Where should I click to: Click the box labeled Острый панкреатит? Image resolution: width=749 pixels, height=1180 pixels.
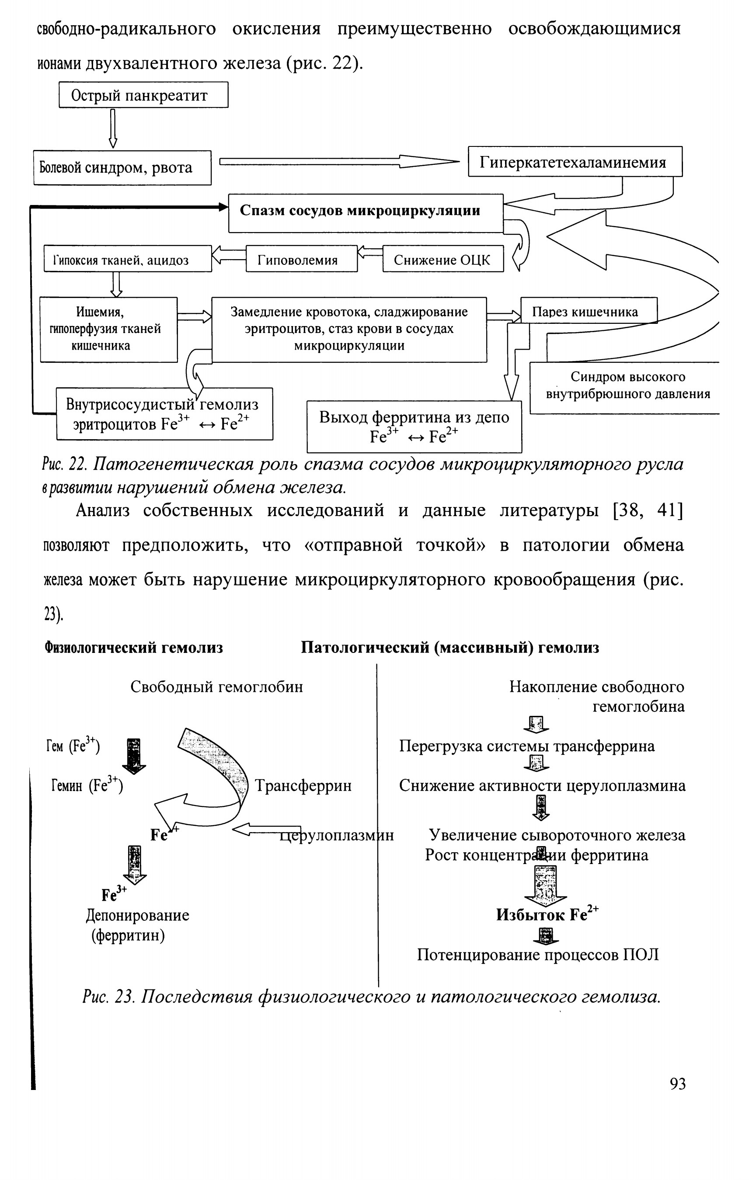point(143,94)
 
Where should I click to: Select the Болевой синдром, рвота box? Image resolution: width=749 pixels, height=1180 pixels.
point(122,167)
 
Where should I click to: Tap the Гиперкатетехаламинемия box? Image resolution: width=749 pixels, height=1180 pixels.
point(575,161)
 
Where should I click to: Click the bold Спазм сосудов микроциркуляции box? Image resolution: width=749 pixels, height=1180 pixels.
point(366,213)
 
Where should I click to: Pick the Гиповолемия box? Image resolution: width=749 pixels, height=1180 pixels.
point(301,259)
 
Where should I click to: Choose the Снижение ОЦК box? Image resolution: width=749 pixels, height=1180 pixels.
point(443,259)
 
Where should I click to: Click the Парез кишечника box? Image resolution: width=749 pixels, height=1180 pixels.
point(589,310)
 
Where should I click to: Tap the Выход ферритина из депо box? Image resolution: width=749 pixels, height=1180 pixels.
point(414,426)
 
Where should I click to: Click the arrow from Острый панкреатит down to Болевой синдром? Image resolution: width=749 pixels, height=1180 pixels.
point(113,128)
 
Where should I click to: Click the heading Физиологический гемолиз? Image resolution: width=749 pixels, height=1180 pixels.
point(134,648)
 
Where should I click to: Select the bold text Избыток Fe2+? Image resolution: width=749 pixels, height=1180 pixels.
point(547,914)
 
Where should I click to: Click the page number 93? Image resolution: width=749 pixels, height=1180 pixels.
point(677,1084)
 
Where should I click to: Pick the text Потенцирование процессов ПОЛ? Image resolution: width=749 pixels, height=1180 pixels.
point(538,954)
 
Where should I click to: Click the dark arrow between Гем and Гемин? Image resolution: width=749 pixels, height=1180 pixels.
point(133,756)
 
